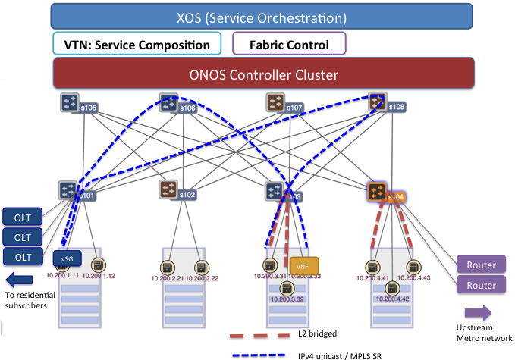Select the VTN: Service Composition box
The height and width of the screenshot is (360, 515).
pos(137,44)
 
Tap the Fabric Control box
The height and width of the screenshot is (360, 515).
pos(289,44)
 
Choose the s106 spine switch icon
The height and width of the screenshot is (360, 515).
pos(169,102)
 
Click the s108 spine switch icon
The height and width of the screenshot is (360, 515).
pos(377,102)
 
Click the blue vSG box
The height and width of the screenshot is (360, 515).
pos(67,258)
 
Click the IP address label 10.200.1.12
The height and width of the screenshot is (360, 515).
pos(97,276)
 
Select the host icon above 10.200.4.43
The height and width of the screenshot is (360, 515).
pos(413,267)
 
